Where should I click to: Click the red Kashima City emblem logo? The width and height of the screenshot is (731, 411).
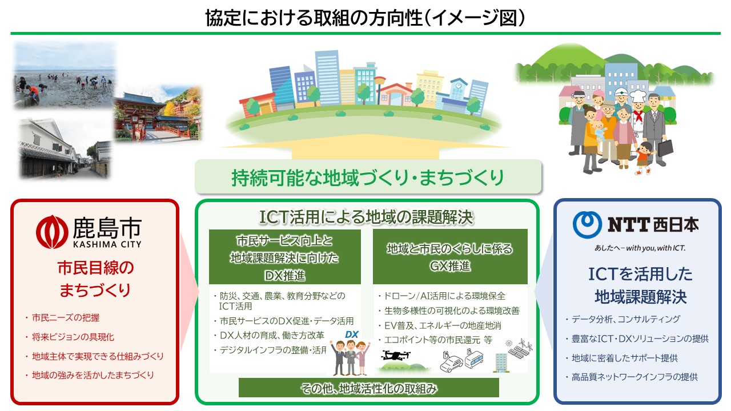[52, 232]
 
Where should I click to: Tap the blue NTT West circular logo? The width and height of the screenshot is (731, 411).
[588, 224]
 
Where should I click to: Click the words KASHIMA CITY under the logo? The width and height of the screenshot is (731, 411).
[107, 244]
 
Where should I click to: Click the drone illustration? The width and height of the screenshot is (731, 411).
[396, 355]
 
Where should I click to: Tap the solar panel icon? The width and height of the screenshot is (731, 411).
[520, 348]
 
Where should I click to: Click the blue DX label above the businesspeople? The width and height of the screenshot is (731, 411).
[351, 335]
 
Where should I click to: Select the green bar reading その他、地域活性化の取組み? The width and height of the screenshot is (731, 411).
[369, 388]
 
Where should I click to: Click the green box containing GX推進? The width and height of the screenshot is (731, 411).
[450, 257]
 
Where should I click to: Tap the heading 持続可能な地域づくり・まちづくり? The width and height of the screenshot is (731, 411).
[368, 178]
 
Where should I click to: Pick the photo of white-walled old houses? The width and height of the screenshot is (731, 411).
[65, 149]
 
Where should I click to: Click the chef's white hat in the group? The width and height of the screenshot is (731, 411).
[638, 96]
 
